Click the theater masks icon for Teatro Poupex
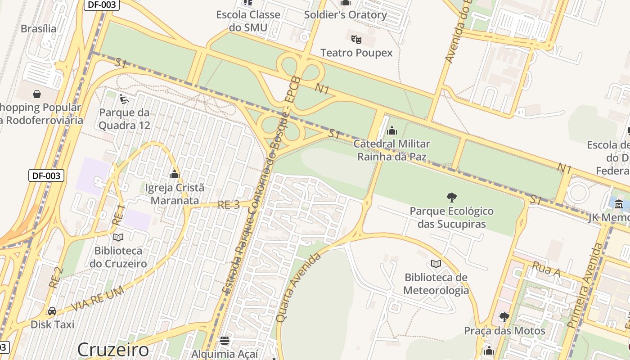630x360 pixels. [x=356, y=39]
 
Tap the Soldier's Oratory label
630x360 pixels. [x=345, y=15]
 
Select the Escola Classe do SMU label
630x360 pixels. [x=248, y=21]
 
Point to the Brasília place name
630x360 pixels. [x=39, y=29]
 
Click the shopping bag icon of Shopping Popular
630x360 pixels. [x=37, y=94]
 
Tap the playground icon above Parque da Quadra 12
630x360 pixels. [x=124, y=98]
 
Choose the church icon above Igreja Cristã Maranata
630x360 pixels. [x=175, y=174]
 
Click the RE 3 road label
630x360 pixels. [x=229, y=205]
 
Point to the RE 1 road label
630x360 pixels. [x=118, y=215]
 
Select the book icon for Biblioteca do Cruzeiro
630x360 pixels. [x=118, y=237]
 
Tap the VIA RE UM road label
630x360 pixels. [x=97, y=299]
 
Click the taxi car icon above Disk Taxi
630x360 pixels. [x=52, y=311]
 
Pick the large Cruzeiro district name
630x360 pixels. [x=112, y=350]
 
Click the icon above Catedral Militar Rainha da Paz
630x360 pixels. [x=392, y=130]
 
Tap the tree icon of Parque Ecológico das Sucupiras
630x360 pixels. [x=451, y=197]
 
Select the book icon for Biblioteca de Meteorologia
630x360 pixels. [x=436, y=264]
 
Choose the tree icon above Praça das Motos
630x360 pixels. [x=504, y=317]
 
